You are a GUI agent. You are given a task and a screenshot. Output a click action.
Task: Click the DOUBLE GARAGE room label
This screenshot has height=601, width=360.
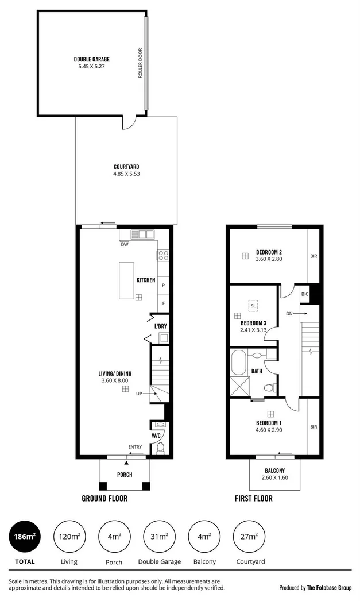pyautogui.click(x=91, y=59)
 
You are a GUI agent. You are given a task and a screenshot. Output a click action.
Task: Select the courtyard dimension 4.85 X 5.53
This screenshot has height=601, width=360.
pyautogui.click(x=125, y=175)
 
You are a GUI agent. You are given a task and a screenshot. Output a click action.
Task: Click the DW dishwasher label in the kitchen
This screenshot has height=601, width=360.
pyautogui.click(x=124, y=244)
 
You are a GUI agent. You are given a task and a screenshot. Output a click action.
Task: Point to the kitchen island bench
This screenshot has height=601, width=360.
pyautogui.click(x=126, y=280)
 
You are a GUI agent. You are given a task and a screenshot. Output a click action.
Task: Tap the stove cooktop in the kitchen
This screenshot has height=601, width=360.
pyautogui.click(x=162, y=255)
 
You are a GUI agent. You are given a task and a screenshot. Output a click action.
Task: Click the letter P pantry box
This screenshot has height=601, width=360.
pyautogui.click(x=163, y=286)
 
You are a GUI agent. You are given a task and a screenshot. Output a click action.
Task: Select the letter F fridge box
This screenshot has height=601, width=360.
pyautogui.click(x=163, y=303)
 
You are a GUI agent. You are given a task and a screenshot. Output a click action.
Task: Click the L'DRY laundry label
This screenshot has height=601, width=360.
pyautogui.click(x=160, y=326)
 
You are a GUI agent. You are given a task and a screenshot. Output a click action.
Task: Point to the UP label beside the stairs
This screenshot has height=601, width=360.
pyautogui.click(x=139, y=394)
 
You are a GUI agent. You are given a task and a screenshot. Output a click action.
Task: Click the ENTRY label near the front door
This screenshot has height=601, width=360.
pyautogui.click(x=136, y=446)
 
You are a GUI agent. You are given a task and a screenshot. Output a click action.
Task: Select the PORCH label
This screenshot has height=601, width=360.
pyautogui.click(x=125, y=475)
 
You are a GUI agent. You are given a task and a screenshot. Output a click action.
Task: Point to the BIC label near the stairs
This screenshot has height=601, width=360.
pyautogui.click(x=305, y=294)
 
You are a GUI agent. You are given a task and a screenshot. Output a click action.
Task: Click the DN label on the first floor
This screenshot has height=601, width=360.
pyautogui.click(x=289, y=314)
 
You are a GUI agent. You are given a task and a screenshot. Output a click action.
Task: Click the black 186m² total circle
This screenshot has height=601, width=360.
pyautogui.click(x=25, y=537)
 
